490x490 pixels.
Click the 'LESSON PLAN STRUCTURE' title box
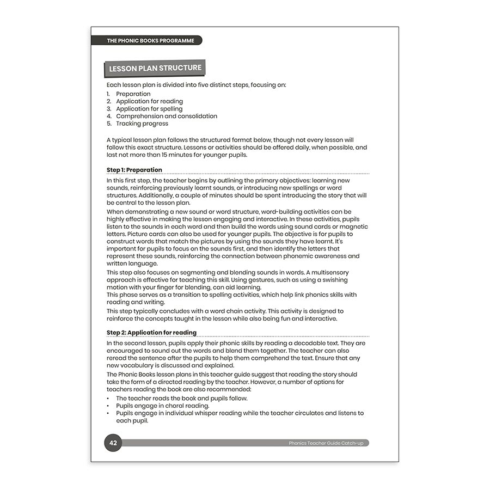(x=155, y=69)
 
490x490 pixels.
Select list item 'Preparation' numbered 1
(x=133, y=94)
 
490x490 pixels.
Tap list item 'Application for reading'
(x=149, y=101)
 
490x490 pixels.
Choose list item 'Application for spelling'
(x=149, y=109)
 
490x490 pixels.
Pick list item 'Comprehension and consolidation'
(x=166, y=116)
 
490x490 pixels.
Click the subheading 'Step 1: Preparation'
(x=134, y=170)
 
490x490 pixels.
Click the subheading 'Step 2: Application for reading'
(x=151, y=333)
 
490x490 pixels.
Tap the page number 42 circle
(x=113, y=443)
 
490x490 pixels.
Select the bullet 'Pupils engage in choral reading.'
(x=162, y=406)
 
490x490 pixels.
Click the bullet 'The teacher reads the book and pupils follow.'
(x=181, y=399)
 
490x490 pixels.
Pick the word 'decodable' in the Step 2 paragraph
(x=311, y=344)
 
